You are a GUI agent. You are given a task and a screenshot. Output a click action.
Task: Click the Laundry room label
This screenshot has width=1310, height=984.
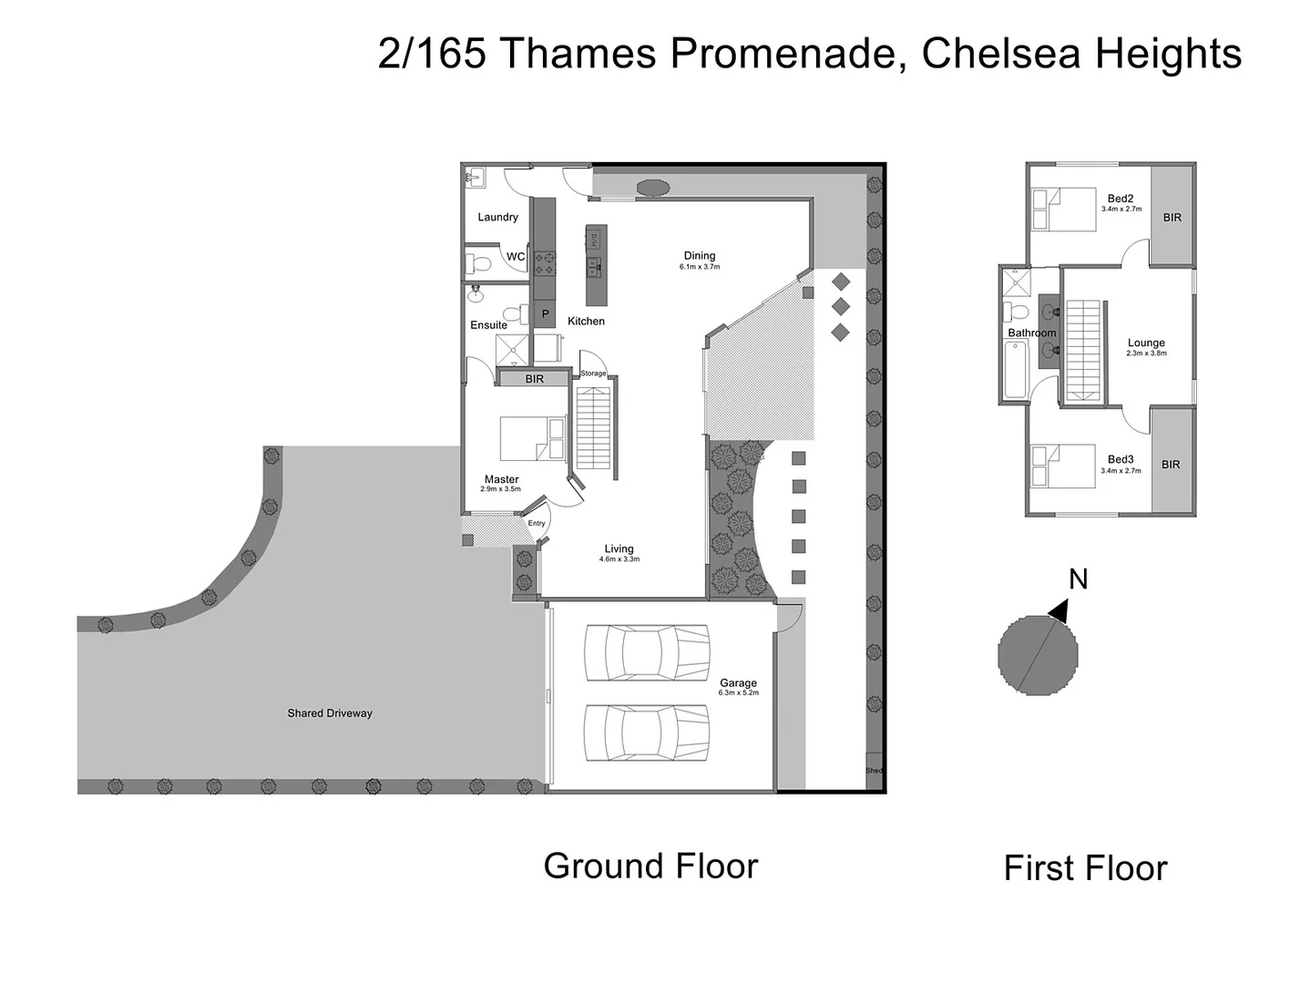(x=497, y=217)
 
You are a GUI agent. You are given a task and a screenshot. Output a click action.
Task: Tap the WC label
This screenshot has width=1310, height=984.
(x=516, y=257)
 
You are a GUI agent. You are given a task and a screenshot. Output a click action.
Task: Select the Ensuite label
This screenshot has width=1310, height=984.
(x=488, y=325)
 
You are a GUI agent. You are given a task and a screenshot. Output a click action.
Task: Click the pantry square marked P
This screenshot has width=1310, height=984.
(x=545, y=313)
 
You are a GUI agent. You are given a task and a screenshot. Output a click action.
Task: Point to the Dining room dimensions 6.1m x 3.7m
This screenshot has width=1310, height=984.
(x=699, y=268)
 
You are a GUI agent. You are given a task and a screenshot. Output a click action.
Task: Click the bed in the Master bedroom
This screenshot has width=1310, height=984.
(x=532, y=438)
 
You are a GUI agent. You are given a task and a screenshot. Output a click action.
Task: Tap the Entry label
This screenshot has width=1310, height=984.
(x=537, y=523)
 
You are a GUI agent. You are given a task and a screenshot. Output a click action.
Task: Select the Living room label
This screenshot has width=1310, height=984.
(x=619, y=548)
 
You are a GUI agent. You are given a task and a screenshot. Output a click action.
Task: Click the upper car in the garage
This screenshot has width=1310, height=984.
(x=647, y=652)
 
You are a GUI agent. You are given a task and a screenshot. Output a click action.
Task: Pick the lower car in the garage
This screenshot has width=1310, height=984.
(x=647, y=733)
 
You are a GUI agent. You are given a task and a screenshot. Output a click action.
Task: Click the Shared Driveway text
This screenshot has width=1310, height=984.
(x=330, y=713)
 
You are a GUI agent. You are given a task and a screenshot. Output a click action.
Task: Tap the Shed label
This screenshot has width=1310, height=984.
(x=874, y=771)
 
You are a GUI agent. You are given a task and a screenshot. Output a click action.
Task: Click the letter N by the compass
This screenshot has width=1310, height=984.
(x=1078, y=579)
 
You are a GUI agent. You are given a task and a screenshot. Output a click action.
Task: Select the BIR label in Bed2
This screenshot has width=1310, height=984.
(x=1172, y=218)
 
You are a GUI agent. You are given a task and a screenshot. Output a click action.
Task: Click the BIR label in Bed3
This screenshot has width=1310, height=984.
(x=1171, y=465)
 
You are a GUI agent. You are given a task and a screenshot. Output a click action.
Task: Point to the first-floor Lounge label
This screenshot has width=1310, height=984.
(x=1146, y=343)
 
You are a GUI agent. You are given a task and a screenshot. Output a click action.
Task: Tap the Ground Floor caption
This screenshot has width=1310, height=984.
(x=650, y=866)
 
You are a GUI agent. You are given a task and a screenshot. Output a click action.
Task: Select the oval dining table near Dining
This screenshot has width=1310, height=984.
(x=652, y=188)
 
